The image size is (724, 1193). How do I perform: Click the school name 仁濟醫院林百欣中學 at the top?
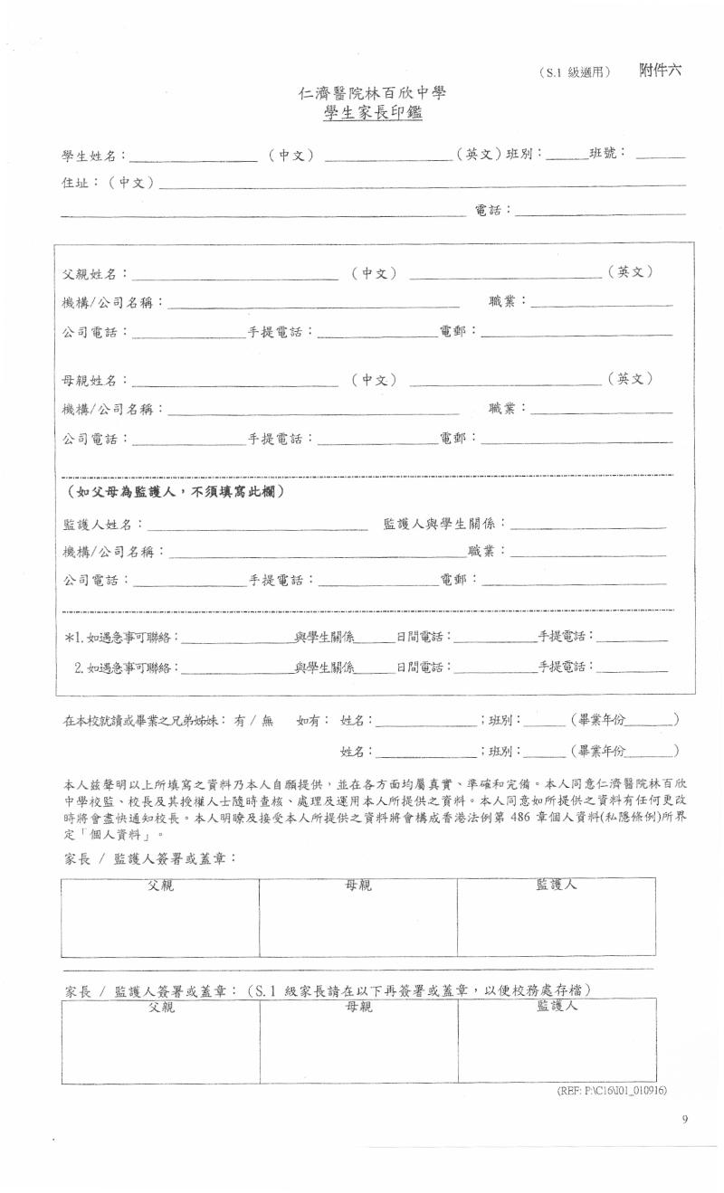(373, 93)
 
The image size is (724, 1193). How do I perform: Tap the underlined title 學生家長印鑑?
(373, 113)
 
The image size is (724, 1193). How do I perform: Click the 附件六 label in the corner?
(660, 71)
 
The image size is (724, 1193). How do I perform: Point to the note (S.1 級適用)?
(574, 73)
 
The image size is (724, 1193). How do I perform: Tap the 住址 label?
(77, 183)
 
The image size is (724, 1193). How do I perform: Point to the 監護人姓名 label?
(99, 525)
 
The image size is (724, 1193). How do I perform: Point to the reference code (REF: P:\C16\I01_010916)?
(612, 1091)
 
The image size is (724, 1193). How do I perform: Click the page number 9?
(685, 1121)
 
